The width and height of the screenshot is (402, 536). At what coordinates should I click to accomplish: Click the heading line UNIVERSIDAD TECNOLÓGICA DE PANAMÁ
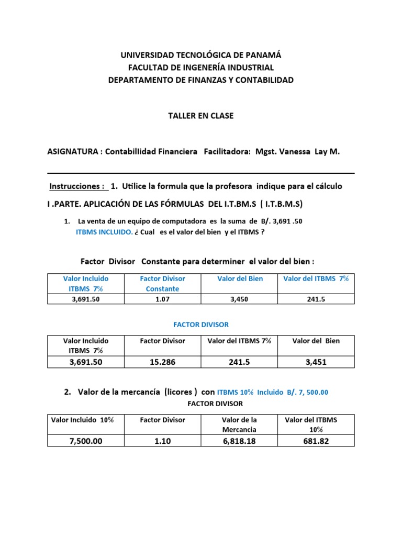click(201, 55)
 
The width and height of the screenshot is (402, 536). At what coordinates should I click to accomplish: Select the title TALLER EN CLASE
click(201, 116)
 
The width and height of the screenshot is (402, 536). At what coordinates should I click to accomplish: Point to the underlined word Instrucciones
click(77, 186)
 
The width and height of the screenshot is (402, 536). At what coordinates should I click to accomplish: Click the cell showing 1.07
click(162, 299)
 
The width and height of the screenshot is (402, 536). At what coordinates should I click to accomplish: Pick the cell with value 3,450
click(240, 299)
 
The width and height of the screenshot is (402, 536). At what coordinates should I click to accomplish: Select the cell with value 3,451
click(316, 362)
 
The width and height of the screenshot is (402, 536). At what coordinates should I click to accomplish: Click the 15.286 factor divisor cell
click(162, 362)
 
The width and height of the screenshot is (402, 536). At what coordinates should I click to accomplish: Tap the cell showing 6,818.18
click(240, 441)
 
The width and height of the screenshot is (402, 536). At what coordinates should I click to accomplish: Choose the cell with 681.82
click(316, 441)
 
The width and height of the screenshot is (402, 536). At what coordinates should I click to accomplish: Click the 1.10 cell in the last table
click(162, 441)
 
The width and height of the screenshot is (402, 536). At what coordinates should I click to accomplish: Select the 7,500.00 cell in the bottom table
click(86, 441)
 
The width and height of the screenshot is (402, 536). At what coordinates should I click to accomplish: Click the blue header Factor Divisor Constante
click(162, 284)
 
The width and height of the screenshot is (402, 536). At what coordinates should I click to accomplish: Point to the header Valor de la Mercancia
click(240, 424)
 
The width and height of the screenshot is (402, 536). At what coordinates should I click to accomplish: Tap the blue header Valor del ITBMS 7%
click(316, 279)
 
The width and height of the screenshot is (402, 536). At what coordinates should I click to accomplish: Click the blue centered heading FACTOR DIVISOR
click(201, 325)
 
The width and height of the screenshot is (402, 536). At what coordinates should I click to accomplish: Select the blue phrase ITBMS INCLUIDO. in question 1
click(104, 232)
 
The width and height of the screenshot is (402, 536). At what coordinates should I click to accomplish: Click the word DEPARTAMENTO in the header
click(140, 80)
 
